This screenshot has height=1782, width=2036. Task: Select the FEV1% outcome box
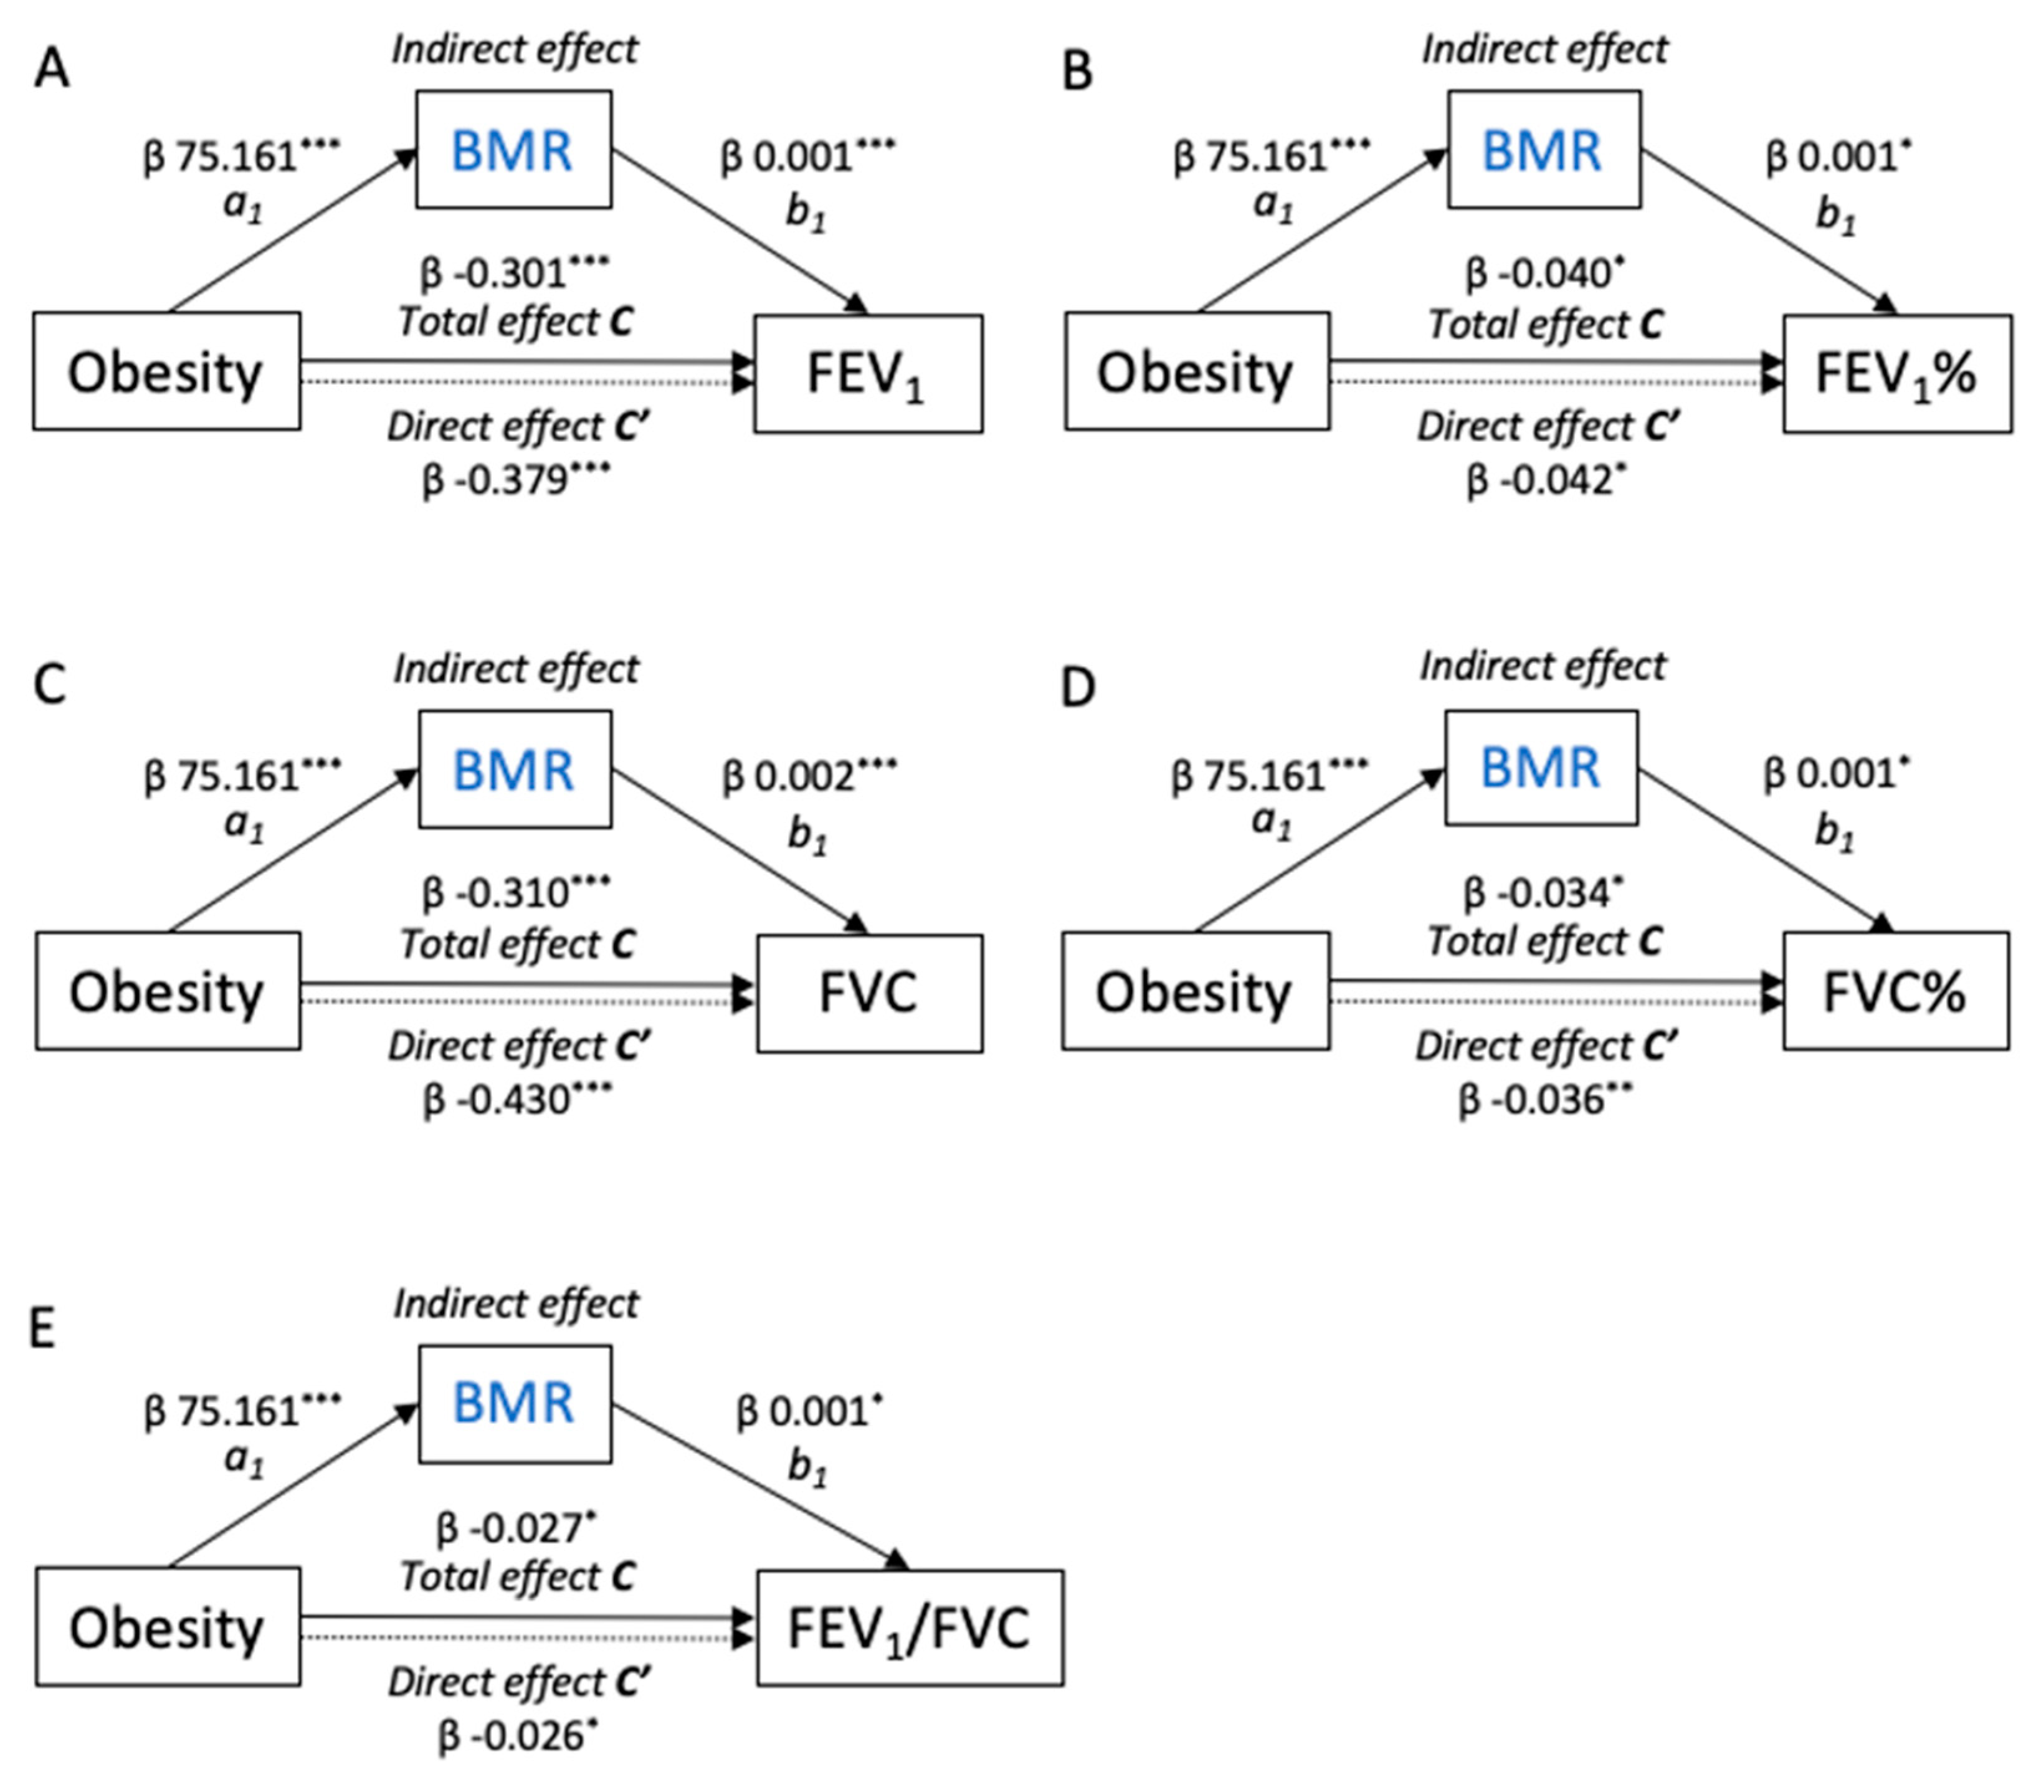click(x=1896, y=374)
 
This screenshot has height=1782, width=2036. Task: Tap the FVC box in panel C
click(x=869, y=993)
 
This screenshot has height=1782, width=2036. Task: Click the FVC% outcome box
click(x=1895, y=991)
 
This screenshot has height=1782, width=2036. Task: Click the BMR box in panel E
click(x=514, y=1403)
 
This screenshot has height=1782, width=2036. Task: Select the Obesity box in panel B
click(x=1196, y=371)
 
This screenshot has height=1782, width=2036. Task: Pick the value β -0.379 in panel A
click(x=515, y=480)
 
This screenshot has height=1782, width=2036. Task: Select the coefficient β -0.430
click(x=516, y=1100)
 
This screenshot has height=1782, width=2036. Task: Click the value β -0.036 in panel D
click(x=1544, y=1100)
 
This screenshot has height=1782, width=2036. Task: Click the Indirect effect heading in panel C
click(x=515, y=669)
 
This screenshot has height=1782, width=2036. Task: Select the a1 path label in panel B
click(x=1273, y=205)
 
